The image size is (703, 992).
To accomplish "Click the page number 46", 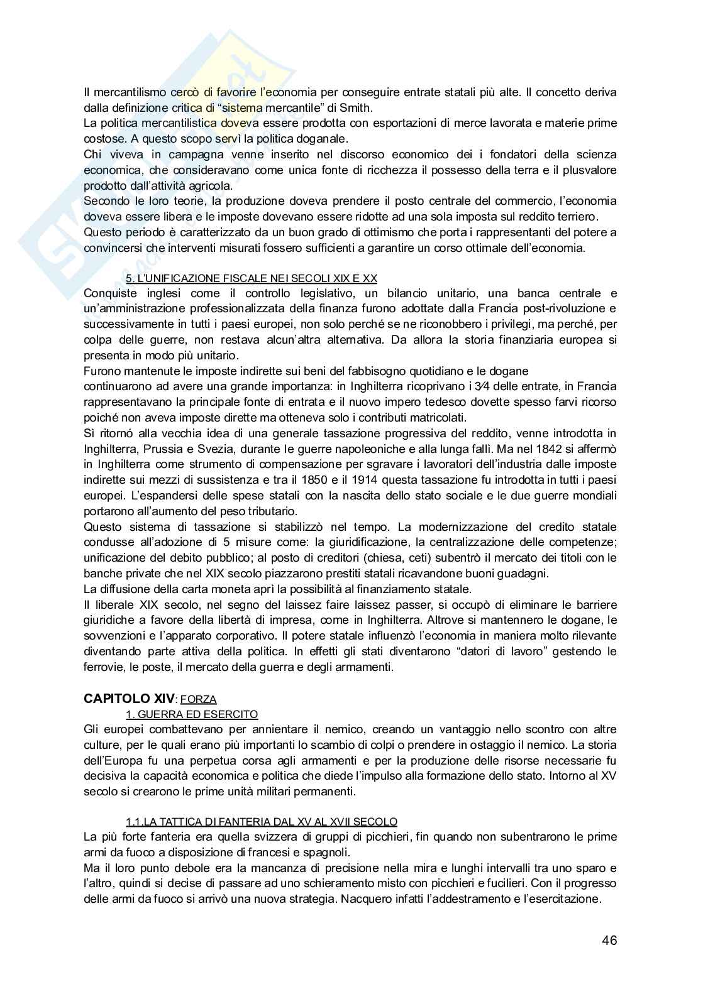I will (609, 940).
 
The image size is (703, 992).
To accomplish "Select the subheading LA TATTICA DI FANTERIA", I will (262, 821).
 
